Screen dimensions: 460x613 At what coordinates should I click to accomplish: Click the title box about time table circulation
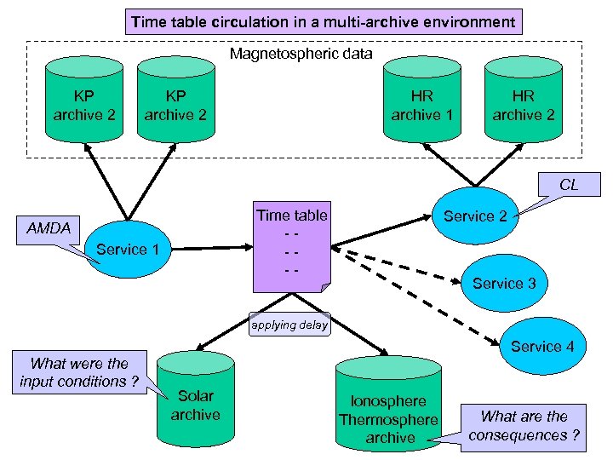click(323, 21)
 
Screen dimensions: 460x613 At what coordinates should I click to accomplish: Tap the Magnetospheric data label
click(301, 55)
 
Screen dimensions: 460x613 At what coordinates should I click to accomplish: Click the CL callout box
click(569, 185)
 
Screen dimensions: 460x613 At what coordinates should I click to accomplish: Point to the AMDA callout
click(49, 229)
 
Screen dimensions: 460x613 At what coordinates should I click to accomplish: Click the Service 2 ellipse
click(475, 216)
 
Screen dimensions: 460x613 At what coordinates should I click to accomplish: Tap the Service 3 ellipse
click(504, 284)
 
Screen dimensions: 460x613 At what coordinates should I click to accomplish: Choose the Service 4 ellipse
click(541, 346)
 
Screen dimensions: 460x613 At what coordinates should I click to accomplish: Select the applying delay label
click(289, 325)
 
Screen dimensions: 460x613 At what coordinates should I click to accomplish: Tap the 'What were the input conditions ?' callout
click(79, 372)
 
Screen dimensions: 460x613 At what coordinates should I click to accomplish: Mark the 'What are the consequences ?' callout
click(524, 426)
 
